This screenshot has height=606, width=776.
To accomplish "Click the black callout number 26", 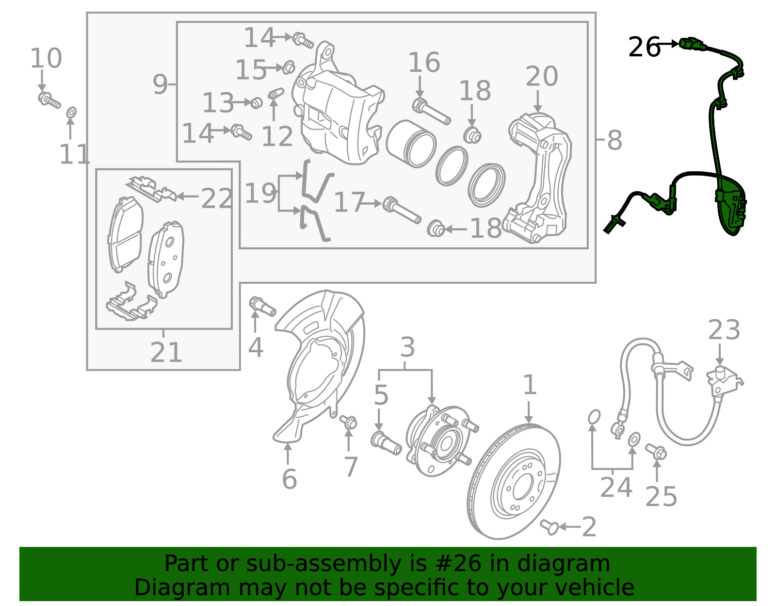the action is coord(644,48).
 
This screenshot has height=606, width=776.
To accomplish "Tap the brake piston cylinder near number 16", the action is coord(410,144).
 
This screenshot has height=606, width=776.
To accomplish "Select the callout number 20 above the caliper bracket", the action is coord(541,77).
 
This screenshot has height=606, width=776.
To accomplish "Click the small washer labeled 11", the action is coord(71,113).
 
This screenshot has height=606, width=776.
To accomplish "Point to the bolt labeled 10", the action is coord(49,100).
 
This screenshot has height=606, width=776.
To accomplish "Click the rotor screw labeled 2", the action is coord(550,526).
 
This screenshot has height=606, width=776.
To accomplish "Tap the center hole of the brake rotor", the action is coord(522,485).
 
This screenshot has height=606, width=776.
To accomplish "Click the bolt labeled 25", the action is coord(656,451).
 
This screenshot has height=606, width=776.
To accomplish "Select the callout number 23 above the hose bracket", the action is coord(724,330).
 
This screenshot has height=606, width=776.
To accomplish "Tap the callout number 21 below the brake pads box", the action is coord(166,352).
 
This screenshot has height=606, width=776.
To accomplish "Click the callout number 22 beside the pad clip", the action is coord(216,198).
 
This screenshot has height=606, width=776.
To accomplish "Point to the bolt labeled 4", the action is coord(262,306).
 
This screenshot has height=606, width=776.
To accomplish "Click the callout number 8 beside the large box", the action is coord(614,141).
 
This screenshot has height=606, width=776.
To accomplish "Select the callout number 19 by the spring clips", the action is coord(260,194).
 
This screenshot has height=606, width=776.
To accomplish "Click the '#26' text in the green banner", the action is coord(458,564).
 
